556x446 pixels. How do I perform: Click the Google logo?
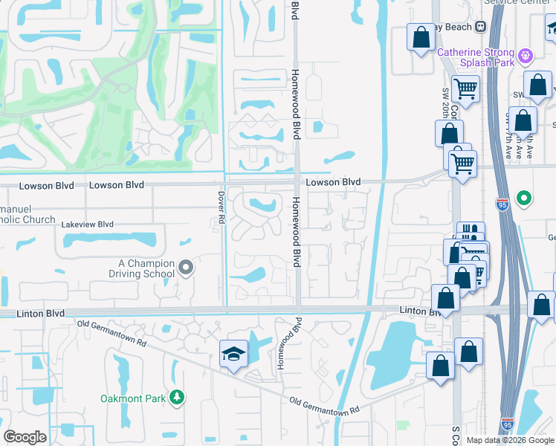[x=25, y=437]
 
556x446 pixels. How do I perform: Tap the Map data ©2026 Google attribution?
[x=511, y=440]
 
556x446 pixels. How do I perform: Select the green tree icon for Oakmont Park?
[x=176, y=398]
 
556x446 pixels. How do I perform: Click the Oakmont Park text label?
[x=134, y=398]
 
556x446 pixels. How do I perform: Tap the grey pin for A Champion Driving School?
[x=186, y=267]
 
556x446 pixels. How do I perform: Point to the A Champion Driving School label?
[x=146, y=268]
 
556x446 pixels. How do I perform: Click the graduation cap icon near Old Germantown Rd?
[x=233, y=355]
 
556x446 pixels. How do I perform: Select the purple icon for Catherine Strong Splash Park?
[x=526, y=54]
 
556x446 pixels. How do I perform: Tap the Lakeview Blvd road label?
[x=87, y=224]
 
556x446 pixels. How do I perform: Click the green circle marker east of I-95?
[x=524, y=198]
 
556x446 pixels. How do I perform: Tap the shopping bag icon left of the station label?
[x=420, y=39]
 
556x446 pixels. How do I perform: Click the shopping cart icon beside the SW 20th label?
[x=465, y=89]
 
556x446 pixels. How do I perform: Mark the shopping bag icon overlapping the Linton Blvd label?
[x=445, y=300]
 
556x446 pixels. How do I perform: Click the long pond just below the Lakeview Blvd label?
[x=110, y=239]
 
